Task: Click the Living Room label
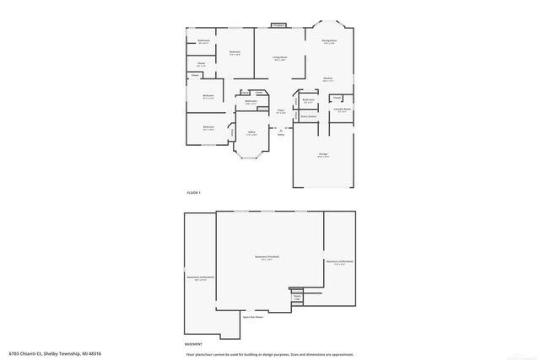[278, 58]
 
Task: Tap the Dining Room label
[329, 40]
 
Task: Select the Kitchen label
[327, 78]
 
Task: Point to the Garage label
[323, 155]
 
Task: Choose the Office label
[251, 132]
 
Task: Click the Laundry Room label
[342, 109]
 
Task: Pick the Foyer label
[280, 110]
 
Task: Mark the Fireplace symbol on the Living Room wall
[278, 25]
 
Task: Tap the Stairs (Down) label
[309, 116]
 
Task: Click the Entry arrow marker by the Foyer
[280, 130]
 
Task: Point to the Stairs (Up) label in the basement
[297, 297]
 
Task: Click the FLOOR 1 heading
[194, 194]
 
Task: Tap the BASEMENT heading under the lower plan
[194, 344]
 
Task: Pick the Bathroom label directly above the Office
[251, 101]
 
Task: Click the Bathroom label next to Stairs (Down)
[308, 101]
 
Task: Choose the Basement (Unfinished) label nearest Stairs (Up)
[338, 262]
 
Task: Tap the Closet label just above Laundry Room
[335, 98]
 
